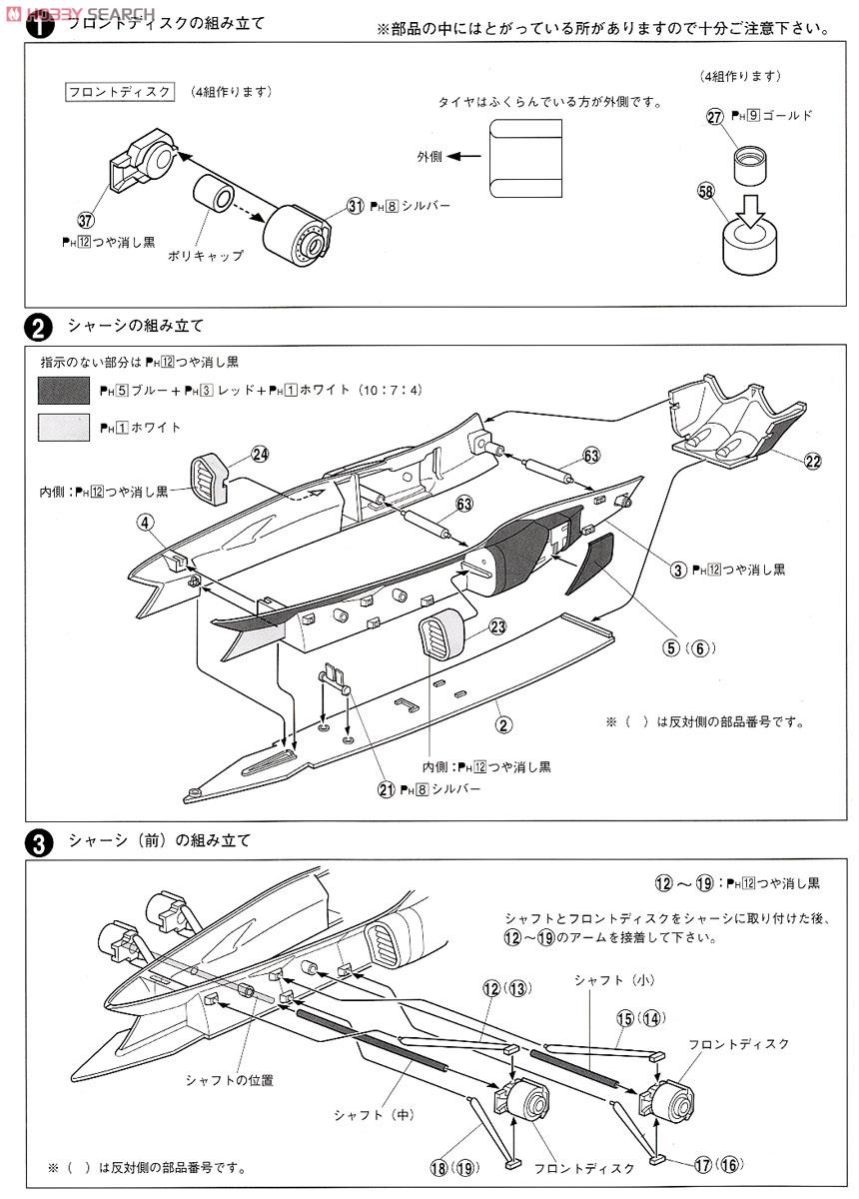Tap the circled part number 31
tap(354, 205)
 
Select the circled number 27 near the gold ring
tap(714, 116)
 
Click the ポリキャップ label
tap(216, 256)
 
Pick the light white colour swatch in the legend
tap(64, 428)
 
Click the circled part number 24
tap(260, 454)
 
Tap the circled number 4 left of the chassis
tap(146, 521)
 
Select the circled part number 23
tap(497, 626)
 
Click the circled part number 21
tap(387, 789)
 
